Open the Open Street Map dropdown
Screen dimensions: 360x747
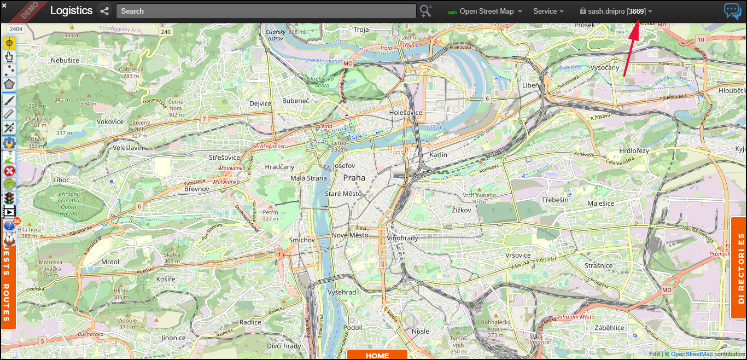coord(486,11)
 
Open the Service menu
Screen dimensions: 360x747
coord(548,11)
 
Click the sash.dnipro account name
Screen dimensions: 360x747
coord(607,11)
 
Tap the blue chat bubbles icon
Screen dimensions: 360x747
coord(732,11)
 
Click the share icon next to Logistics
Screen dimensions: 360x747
coord(104,11)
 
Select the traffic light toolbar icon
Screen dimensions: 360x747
coord(9,198)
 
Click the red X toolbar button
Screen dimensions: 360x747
coord(9,171)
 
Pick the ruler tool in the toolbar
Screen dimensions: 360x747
coord(9,113)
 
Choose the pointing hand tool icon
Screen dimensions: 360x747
coord(9,56)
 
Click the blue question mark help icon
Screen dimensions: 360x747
coord(9,225)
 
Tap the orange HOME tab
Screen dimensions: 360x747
coord(377,355)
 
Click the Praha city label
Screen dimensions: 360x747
coord(354,178)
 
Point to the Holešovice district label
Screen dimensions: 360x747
coord(405,113)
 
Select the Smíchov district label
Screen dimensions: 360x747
coord(302,240)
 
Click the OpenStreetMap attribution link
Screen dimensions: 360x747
coord(691,354)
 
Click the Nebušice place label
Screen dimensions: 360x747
coord(65,60)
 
